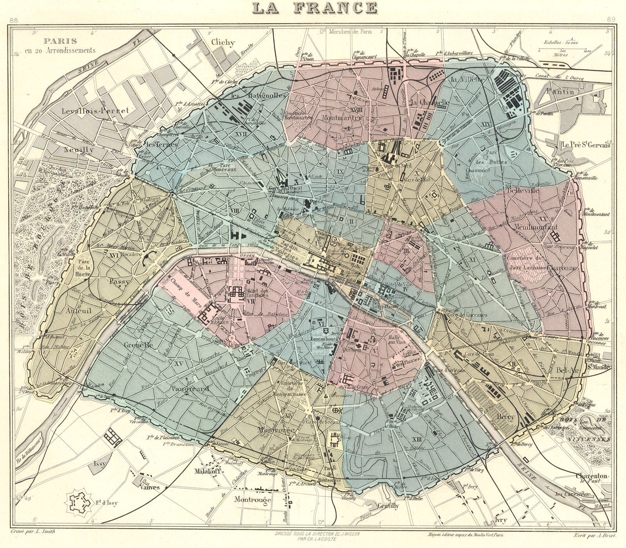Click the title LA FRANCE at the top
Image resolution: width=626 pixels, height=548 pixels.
(315, 8)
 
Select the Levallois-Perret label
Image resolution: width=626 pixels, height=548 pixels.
(95, 111)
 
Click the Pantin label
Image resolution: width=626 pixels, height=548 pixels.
(563, 92)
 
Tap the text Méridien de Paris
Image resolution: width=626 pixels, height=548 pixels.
(350, 32)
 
